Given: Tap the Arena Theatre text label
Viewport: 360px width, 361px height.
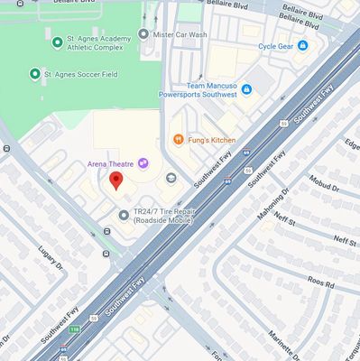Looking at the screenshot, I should (110, 163).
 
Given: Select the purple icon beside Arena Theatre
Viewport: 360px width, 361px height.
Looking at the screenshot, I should (143, 162).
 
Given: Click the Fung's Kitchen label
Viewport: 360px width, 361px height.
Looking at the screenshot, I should (212, 140).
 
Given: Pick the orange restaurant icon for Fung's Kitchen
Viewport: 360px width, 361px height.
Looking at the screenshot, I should (178, 140).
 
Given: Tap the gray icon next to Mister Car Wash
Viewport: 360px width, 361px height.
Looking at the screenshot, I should (143, 34).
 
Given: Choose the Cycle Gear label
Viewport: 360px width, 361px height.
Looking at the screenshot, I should (275, 45).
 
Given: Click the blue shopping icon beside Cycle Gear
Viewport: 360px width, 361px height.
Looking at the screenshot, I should (302, 45).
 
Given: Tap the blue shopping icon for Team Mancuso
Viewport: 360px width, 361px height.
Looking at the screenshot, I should (246, 88).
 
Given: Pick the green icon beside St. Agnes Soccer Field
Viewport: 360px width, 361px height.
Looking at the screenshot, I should (35, 73).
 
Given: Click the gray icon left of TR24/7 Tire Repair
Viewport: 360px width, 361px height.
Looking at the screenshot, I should (124, 215).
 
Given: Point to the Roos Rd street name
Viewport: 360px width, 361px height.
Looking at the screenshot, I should (320, 283).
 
